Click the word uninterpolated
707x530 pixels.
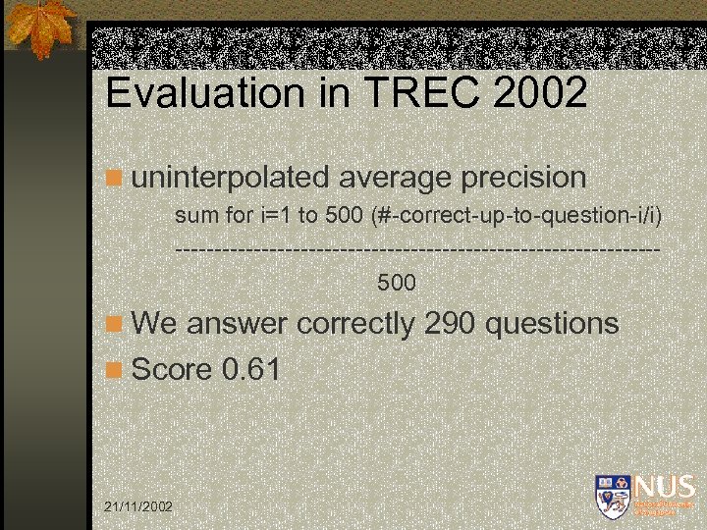231,178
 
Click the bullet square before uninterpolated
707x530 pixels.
115,179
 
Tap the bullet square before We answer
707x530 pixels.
115,324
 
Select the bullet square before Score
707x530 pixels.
115,370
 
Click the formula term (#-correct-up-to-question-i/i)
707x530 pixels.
517,215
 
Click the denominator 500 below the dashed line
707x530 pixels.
397,284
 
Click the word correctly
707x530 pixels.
355,323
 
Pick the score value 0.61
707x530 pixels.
251,370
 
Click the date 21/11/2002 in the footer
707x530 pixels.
138,505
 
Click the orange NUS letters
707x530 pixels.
665,487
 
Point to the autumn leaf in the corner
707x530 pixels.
41,27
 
